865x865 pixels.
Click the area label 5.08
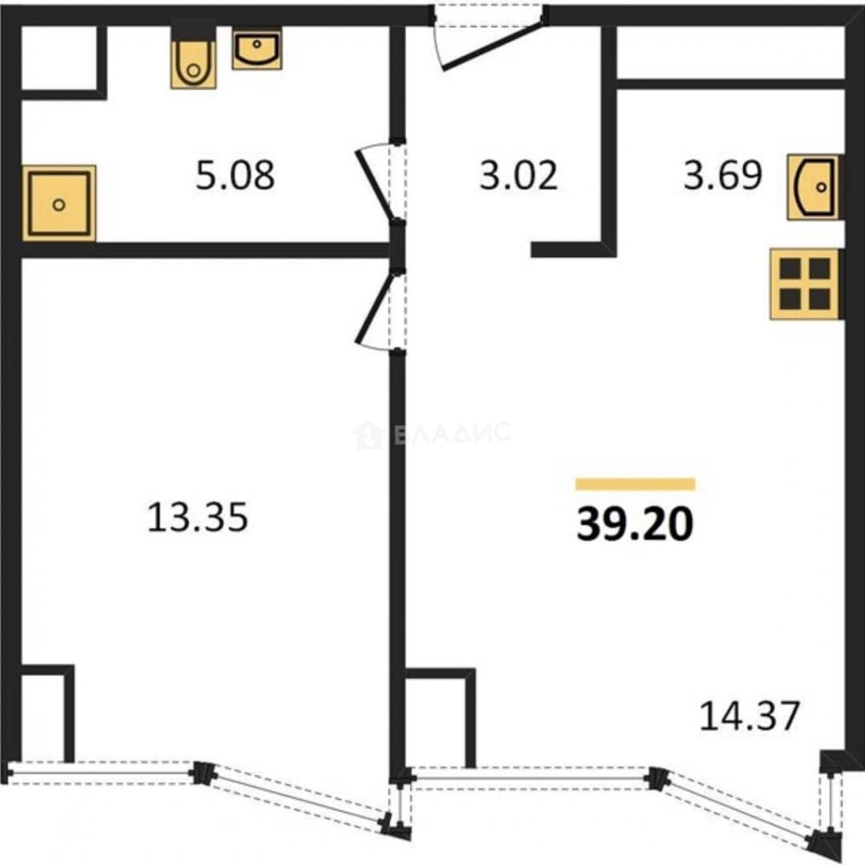[235, 175]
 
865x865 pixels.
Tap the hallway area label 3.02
[518, 175]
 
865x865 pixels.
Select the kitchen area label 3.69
[722, 175]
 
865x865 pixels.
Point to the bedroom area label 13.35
[198, 517]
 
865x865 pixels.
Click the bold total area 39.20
[635, 524]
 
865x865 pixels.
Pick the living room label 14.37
[750, 715]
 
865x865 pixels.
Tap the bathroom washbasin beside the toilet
[257, 50]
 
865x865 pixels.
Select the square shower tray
[59, 203]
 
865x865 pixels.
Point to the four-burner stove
[804, 284]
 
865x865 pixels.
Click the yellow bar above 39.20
[635, 485]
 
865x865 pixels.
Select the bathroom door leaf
[375, 185]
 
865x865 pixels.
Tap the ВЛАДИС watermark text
[453, 433]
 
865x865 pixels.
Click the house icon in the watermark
[368, 435]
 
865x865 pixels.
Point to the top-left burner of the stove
[790, 269]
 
